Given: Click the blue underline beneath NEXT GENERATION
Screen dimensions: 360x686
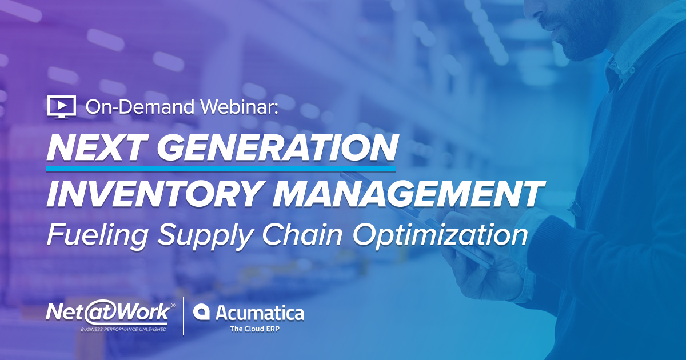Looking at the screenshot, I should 220,169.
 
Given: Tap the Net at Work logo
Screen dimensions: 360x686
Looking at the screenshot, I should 108,312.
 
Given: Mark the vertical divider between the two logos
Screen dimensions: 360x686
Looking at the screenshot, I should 183,316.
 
